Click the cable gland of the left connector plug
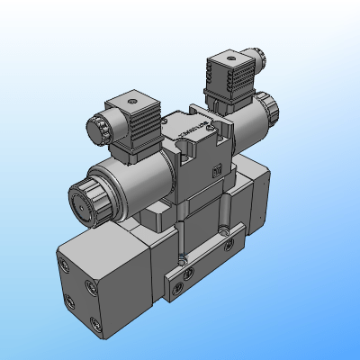click(x=97, y=127)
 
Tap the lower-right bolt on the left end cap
click(x=94, y=324)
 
